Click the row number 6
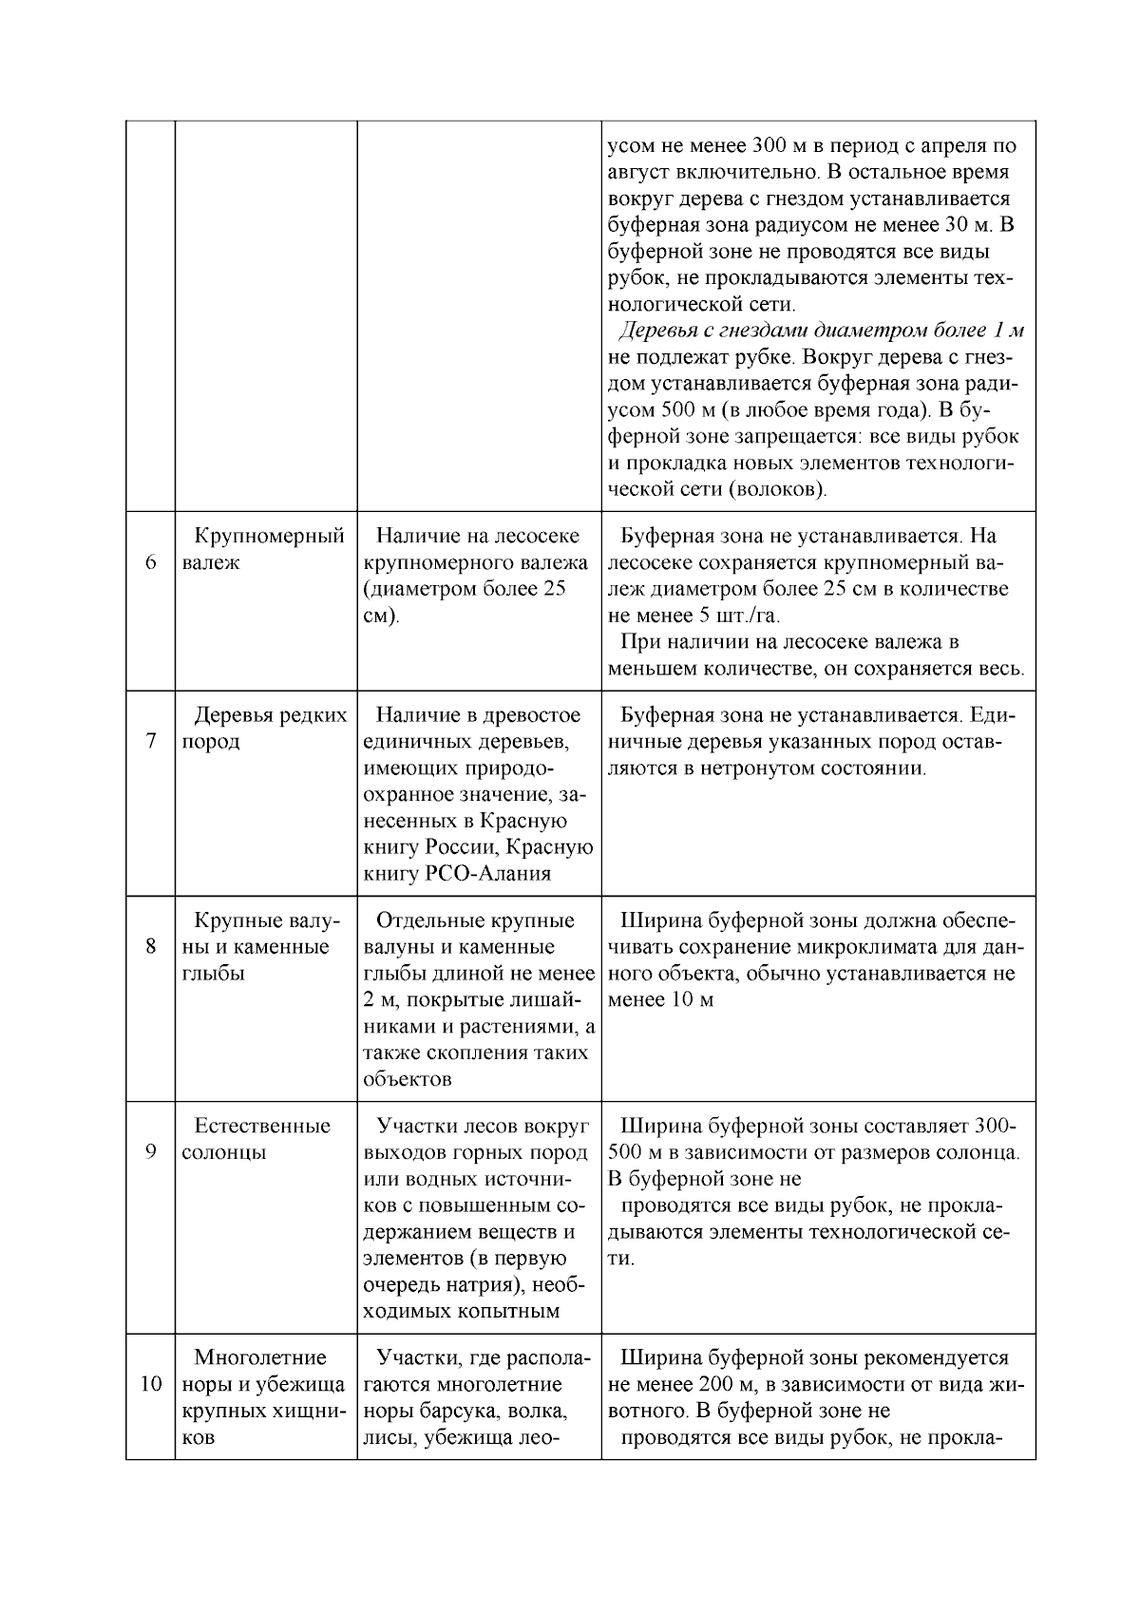(x=150, y=562)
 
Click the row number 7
(x=150, y=741)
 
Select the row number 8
(x=150, y=946)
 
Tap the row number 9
(x=150, y=1152)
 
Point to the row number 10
(x=150, y=1383)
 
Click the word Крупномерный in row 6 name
(x=269, y=536)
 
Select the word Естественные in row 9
(x=262, y=1126)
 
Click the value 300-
(x=995, y=1126)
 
